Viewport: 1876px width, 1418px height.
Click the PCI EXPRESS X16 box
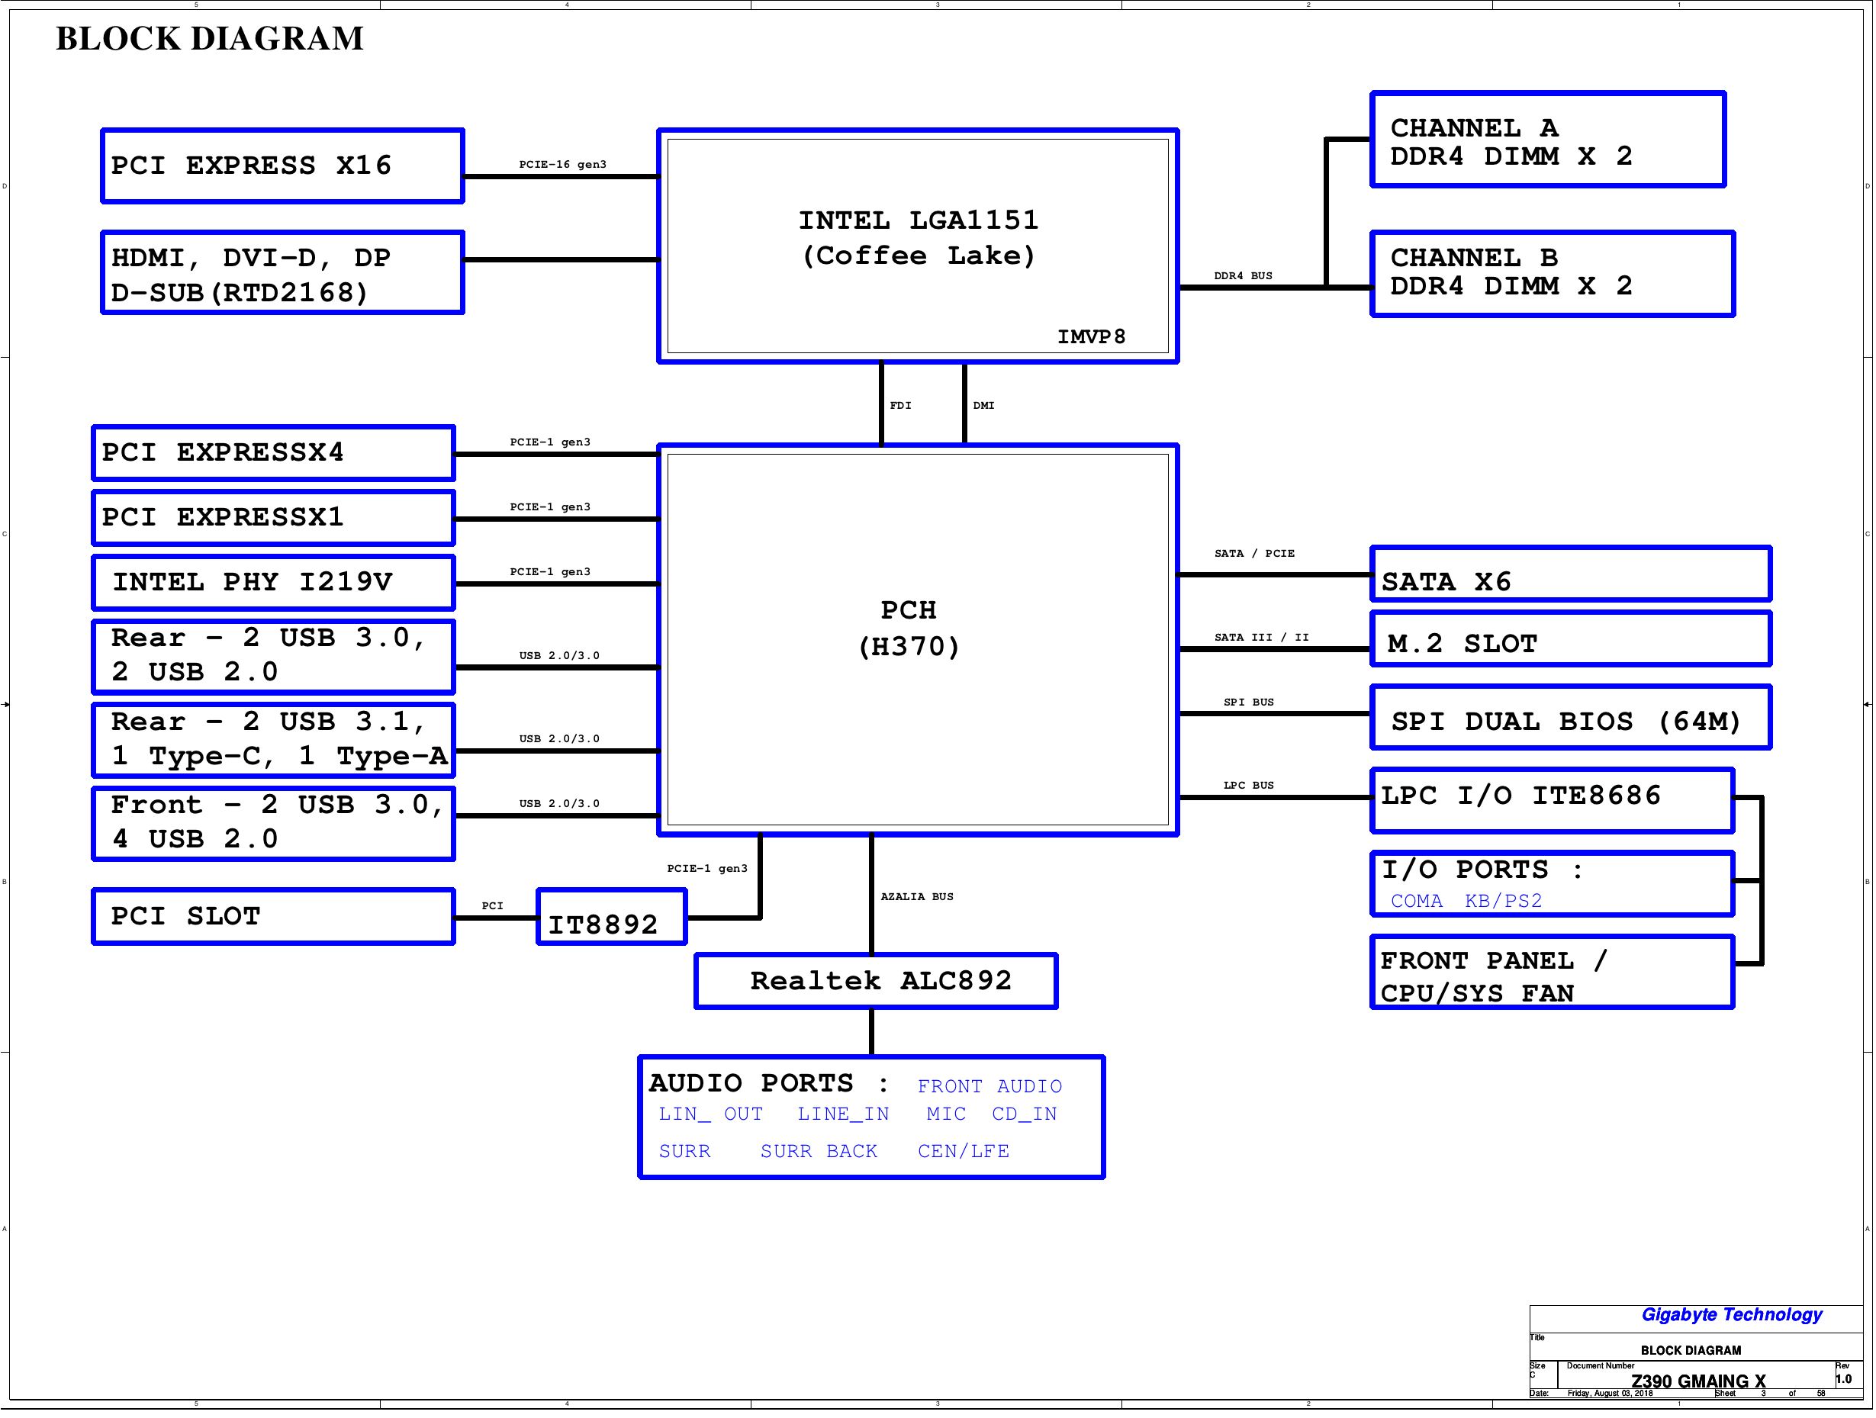coord(282,166)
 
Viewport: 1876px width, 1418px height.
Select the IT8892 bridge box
coord(612,917)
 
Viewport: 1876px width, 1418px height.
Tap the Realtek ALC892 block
coord(876,981)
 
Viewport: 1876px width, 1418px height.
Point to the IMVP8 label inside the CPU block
coord(1091,336)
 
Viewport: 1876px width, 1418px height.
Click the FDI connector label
coord(901,405)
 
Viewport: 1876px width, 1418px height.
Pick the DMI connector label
coord(984,405)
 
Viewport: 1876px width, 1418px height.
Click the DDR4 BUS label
coord(1244,275)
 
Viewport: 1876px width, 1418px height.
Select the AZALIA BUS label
coord(917,896)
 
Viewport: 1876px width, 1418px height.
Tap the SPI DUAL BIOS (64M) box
coord(1571,718)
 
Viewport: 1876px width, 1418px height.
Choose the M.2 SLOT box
coord(1571,639)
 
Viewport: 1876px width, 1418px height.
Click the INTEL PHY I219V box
coord(273,583)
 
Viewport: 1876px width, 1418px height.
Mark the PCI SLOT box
coord(273,917)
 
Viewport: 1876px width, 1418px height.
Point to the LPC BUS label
coord(1248,786)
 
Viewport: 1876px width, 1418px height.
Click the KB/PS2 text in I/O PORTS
coord(1504,901)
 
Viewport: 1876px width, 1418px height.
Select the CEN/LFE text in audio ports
coord(964,1151)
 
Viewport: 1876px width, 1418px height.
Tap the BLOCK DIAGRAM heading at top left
coord(210,38)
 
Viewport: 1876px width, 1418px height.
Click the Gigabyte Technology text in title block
coord(1732,1314)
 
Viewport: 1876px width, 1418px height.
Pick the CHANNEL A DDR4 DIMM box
coord(1548,140)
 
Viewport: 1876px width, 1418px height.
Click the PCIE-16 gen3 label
coord(562,165)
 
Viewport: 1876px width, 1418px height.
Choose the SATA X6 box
coord(1571,574)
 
